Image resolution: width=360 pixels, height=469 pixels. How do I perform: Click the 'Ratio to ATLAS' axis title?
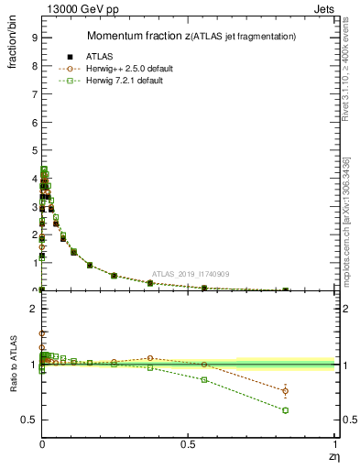12,367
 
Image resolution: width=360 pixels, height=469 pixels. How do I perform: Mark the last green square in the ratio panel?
286,409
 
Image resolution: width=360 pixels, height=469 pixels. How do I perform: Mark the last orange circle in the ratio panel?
286,391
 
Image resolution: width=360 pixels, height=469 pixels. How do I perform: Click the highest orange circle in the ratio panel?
42,333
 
